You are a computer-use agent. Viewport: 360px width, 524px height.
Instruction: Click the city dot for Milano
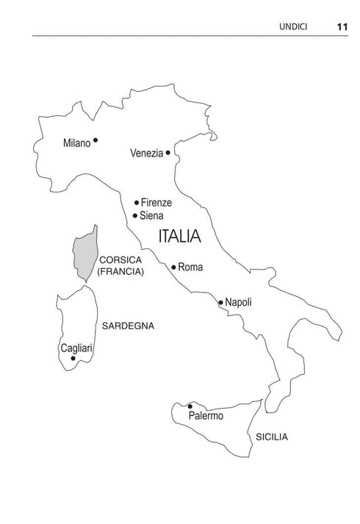click(96, 140)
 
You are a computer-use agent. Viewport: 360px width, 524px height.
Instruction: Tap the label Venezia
click(146, 154)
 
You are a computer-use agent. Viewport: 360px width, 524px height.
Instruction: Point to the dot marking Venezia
click(168, 153)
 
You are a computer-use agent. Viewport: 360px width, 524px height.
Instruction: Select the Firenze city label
click(156, 203)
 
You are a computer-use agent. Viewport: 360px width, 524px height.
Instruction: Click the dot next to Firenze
click(137, 202)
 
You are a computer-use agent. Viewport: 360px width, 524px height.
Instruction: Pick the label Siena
click(151, 216)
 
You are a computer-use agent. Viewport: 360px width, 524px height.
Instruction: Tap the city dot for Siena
click(135, 215)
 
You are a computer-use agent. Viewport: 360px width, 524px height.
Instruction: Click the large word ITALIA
click(180, 237)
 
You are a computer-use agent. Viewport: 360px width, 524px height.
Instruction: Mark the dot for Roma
click(173, 267)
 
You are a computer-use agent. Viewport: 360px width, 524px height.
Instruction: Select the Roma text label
click(190, 268)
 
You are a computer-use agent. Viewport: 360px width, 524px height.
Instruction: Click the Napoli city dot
click(220, 302)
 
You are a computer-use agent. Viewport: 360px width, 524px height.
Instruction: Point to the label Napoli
click(239, 302)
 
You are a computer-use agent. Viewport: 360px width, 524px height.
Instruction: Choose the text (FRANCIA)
click(120, 272)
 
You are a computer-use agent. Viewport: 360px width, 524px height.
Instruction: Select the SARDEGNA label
click(129, 326)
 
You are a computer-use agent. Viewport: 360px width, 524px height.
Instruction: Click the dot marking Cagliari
click(73, 358)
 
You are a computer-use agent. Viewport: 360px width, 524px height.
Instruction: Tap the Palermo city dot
click(190, 406)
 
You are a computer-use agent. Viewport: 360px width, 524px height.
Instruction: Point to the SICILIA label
click(272, 437)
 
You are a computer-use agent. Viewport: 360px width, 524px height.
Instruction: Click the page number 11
click(342, 26)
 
